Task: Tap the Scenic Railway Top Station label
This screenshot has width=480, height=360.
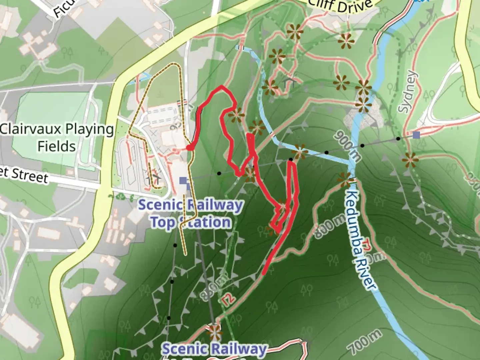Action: [190, 214]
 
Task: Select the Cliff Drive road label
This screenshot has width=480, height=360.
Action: [340, 6]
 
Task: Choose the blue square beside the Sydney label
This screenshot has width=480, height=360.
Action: [416, 135]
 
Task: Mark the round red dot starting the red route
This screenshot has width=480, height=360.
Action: [189, 147]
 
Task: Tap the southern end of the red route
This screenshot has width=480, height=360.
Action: [264, 273]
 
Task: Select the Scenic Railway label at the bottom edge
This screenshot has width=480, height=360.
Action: [214, 349]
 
